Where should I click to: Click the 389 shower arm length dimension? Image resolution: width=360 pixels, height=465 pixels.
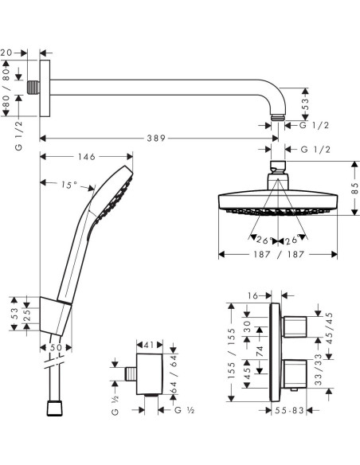(x=156, y=139)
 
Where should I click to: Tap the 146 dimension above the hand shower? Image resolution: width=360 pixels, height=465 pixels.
(x=87, y=157)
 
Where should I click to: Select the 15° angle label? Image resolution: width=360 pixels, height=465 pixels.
(x=69, y=185)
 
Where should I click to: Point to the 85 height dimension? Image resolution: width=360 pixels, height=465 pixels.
(x=354, y=188)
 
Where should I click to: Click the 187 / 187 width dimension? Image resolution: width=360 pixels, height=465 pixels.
(x=279, y=254)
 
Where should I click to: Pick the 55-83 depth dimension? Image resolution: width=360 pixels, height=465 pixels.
(x=289, y=410)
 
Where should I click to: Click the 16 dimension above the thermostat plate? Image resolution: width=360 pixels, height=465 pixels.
(x=252, y=295)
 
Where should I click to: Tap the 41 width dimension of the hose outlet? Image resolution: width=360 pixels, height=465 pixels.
(x=149, y=345)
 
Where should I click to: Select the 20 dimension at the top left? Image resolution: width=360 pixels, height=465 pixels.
(x=6, y=53)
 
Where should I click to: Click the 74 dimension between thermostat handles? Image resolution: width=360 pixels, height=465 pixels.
(x=260, y=351)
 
